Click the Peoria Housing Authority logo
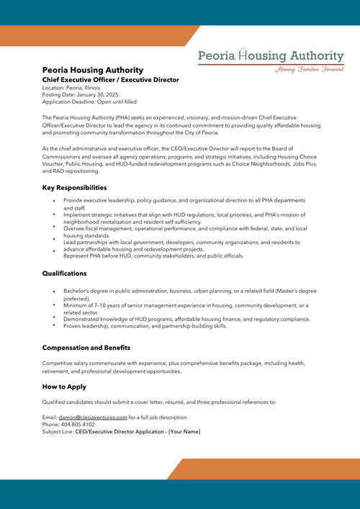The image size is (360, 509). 271,55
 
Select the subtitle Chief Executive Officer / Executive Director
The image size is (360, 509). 110,79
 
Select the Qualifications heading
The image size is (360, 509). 65,274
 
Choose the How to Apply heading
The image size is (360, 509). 64,387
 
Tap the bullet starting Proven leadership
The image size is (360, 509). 145,325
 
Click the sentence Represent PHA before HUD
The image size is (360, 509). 153,256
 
